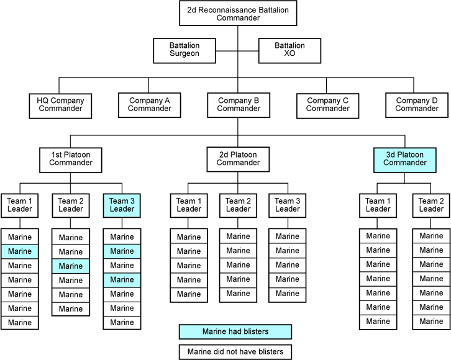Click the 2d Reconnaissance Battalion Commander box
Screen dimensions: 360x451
[x=238, y=13]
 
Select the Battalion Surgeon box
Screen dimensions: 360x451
[x=184, y=50]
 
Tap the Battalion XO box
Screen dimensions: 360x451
[x=289, y=50]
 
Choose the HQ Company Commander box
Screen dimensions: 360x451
[x=60, y=104]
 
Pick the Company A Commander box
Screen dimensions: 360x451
[x=150, y=104]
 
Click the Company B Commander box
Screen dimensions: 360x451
[x=239, y=104]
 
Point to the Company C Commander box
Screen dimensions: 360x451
[x=327, y=104]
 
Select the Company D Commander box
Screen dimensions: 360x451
[x=417, y=104]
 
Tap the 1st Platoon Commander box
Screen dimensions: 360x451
[x=70, y=159]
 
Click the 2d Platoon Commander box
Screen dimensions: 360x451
[x=239, y=159]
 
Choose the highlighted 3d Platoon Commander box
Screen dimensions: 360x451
[x=405, y=159]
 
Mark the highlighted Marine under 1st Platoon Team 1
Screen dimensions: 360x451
[x=19, y=251]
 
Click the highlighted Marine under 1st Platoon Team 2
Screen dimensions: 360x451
[x=70, y=266]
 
